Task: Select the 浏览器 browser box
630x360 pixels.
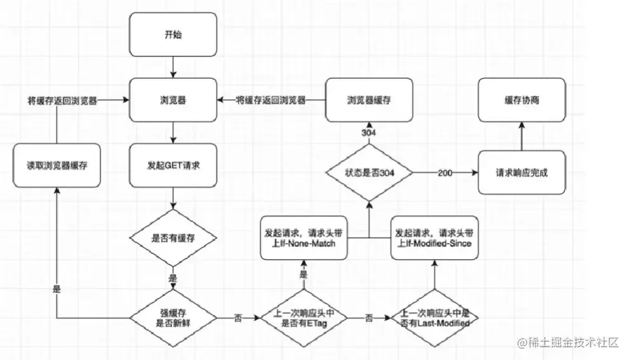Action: [173, 100]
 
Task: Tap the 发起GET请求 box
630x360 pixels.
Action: [173, 166]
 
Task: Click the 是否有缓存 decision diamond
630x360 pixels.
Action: [173, 238]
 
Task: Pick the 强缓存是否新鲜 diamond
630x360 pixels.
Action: [173, 316]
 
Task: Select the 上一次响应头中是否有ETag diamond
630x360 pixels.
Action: [303, 316]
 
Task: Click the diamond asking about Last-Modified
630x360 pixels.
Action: [434, 317]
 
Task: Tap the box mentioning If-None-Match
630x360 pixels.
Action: [304, 237]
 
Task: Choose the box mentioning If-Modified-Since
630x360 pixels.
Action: [434, 237]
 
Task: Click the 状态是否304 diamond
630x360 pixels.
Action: [369, 173]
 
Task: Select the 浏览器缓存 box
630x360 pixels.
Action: [369, 100]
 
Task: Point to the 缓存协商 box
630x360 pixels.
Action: [521, 100]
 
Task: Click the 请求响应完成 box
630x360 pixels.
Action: [521, 172]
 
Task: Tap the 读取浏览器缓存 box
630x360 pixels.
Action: [57, 166]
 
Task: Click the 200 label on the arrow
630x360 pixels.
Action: [445, 173]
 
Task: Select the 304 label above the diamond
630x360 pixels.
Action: [368, 133]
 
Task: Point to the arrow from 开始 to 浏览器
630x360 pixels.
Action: [173, 66]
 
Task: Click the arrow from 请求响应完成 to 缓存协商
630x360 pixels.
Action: [521, 137]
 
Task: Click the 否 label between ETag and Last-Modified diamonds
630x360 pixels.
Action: [368, 318]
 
